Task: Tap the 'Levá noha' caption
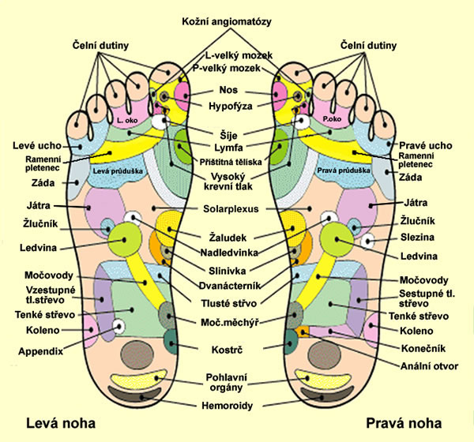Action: click(58, 421)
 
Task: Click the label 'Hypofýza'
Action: click(237, 104)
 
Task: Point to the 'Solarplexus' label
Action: click(236, 208)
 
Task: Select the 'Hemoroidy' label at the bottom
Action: click(236, 404)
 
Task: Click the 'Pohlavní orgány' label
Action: click(236, 382)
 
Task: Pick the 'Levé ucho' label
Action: click(33, 146)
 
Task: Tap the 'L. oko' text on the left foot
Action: click(125, 120)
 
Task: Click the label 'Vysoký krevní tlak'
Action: click(236, 180)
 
